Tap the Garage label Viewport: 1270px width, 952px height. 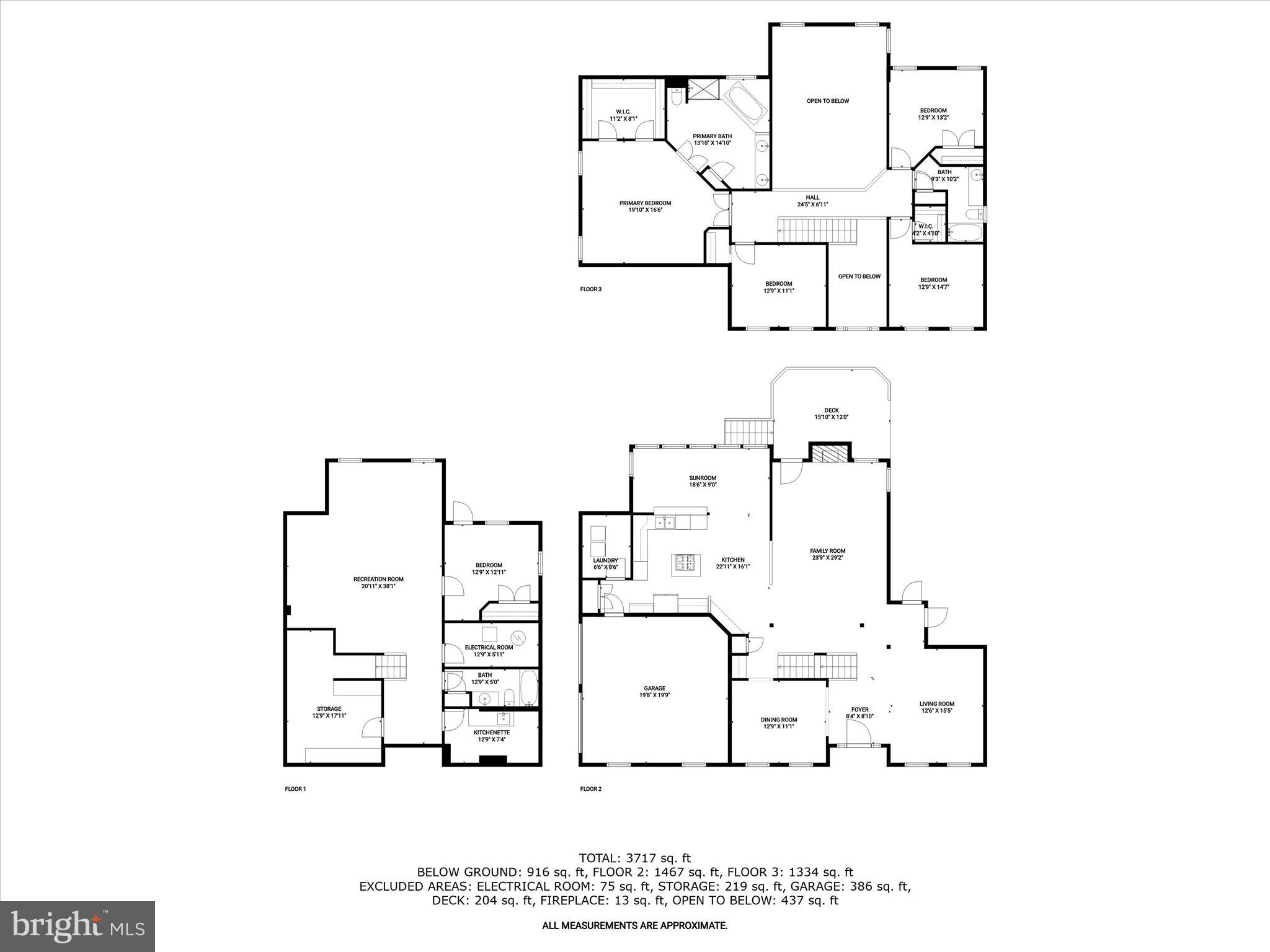pos(654,688)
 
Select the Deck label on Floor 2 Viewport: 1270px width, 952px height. pos(831,410)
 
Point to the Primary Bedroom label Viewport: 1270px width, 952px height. pos(645,203)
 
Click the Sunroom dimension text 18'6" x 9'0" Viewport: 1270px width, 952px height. pos(703,485)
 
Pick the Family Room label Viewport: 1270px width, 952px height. pos(827,550)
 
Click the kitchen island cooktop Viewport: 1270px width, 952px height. pos(684,562)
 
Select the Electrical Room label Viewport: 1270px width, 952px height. pos(489,647)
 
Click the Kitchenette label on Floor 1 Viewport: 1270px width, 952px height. pos(492,732)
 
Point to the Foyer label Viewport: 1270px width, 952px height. pos(859,710)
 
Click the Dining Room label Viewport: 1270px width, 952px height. pos(779,720)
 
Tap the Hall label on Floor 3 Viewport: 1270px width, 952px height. pos(812,197)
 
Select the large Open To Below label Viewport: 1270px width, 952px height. pos(827,101)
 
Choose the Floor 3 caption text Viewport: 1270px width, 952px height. pos(590,289)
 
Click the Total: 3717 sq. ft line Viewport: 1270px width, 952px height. pos(634,858)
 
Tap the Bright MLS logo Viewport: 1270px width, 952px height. pos(78,927)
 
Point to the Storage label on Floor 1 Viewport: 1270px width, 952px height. pos(329,708)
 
